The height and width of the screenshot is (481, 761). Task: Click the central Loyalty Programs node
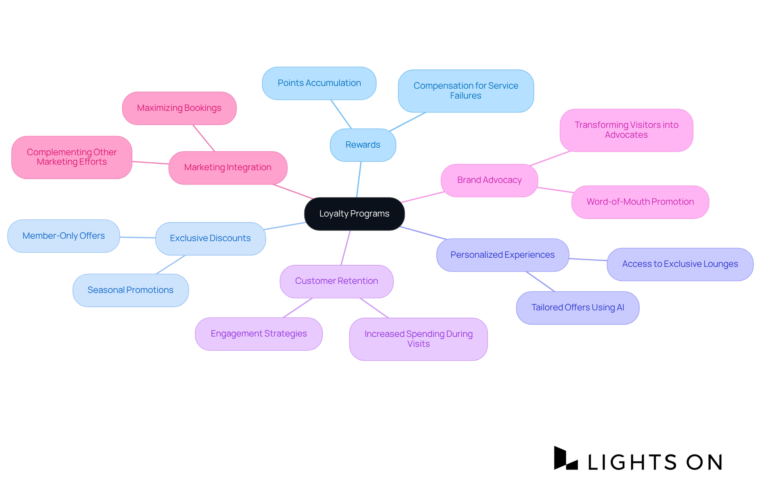[x=354, y=214]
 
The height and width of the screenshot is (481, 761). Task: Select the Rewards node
[x=363, y=145]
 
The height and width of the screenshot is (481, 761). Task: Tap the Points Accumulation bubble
[x=319, y=83]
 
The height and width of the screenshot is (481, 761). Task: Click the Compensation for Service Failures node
[x=466, y=91]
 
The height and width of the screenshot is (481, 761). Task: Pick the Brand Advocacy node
[x=489, y=180]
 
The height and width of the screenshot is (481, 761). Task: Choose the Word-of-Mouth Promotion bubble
[x=640, y=202]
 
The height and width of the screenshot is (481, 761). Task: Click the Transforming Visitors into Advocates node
[x=626, y=130]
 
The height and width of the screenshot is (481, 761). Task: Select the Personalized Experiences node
[x=502, y=255]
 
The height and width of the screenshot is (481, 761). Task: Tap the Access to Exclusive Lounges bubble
[x=680, y=264]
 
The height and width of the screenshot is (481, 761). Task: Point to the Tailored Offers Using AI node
[x=577, y=308]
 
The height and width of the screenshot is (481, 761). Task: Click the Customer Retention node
[x=337, y=281]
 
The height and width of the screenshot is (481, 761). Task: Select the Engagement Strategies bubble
[x=258, y=334]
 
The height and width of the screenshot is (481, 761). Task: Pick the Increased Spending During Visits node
[x=418, y=339]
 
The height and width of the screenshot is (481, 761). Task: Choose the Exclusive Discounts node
[x=210, y=238]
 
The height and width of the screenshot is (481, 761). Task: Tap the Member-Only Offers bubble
[x=63, y=236]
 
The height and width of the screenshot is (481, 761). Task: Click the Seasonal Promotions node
[x=130, y=290]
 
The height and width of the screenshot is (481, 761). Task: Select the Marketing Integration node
[x=228, y=167]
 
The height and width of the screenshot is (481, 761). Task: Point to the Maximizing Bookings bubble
[x=179, y=108]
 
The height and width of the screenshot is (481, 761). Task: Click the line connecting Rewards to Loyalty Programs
[x=359, y=179]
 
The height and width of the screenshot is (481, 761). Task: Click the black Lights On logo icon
[x=565, y=458]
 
